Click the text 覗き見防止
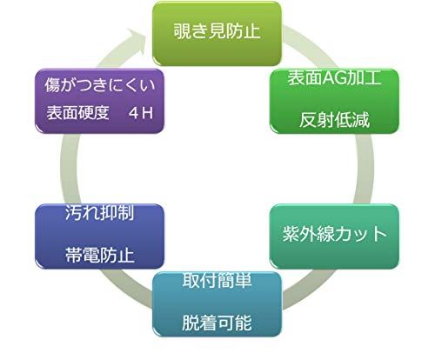(x=217, y=31)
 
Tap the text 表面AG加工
(x=334, y=77)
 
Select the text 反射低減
(x=334, y=120)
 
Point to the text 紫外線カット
(x=335, y=234)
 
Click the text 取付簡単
(x=217, y=280)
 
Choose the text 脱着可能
(x=217, y=323)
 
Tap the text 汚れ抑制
(x=99, y=212)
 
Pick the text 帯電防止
(x=99, y=255)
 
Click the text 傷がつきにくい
(x=100, y=84)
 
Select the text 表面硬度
(x=77, y=112)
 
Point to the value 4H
(x=141, y=113)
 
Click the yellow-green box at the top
(x=217, y=33)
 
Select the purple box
(x=99, y=101)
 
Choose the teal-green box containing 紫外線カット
(x=334, y=237)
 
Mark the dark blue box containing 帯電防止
(x=99, y=237)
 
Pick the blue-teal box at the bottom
(x=217, y=304)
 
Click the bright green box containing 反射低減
(x=334, y=101)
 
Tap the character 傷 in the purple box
(x=52, y=84)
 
